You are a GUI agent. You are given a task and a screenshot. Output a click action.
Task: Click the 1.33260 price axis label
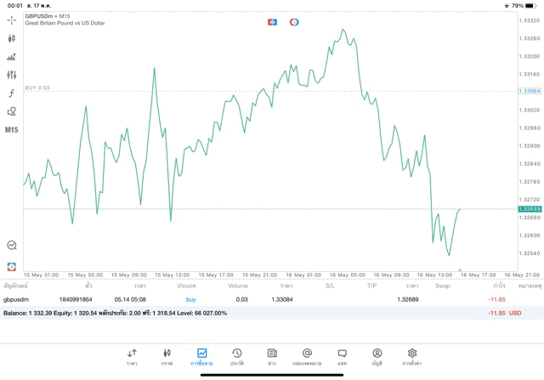(x=529, y=39)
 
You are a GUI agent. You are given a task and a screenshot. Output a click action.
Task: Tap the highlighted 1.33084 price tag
(x=529, y=91)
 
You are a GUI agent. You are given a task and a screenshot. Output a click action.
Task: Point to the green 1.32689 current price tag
(x=529, y=208)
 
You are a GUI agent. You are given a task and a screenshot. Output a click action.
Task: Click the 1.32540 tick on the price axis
(x=529, y=253)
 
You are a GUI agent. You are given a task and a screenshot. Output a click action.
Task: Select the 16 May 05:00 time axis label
(x=346, y=275)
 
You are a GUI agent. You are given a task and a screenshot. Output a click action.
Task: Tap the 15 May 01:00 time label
(x=41, y=275)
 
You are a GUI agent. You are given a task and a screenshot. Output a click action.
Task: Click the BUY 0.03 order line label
(x=37, y=88)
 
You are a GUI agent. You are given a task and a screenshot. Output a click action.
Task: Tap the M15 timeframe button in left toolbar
(x=11, y=130)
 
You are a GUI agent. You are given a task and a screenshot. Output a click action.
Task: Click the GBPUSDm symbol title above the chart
(x=41, y=16)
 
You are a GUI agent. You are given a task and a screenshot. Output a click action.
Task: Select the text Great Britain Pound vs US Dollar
(x=65, y=24)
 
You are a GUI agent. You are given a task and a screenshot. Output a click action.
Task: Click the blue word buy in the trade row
(x=190, y=299)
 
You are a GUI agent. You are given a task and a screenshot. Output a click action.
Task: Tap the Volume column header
(x=238, y=286)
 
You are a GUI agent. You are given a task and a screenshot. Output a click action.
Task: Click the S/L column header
(x=330, y=286)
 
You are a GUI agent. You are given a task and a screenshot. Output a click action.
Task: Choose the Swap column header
(x=443, y=286)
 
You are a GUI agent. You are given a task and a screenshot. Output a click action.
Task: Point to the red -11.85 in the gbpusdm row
(x=496, y=299)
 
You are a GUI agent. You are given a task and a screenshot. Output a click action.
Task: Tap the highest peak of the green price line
(x=343, y=30)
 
